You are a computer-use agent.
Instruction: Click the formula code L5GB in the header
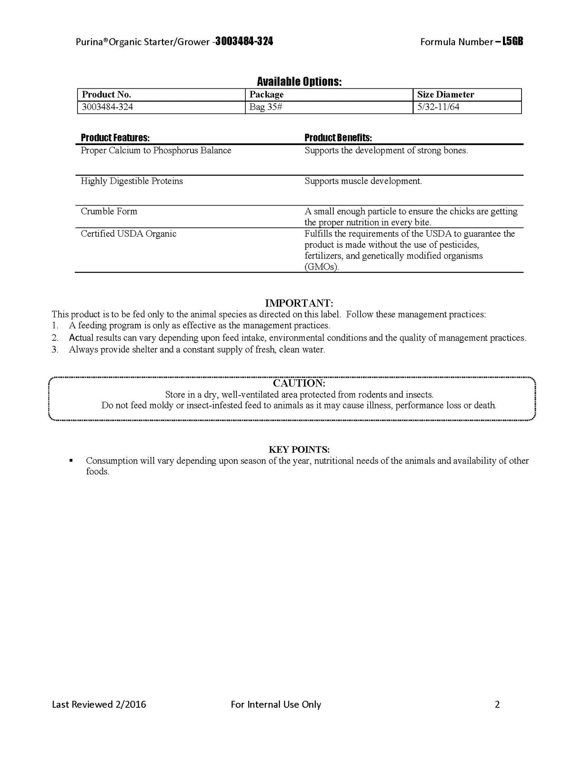point(513,41)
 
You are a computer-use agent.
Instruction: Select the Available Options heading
point(299,82)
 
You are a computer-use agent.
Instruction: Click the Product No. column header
point(106,94)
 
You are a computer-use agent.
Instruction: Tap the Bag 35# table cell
point(266,107)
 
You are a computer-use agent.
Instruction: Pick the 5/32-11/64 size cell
point(438,107)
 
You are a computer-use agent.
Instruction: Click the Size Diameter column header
point(446,94)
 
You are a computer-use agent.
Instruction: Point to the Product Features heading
point(115,138)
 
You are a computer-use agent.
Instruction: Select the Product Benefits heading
point(338,138)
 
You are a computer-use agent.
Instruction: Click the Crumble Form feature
point(109,211)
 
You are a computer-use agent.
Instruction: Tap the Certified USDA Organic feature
point(129,233)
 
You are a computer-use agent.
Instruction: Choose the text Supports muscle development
point(363,181)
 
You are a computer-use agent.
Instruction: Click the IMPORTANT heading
point(299,303)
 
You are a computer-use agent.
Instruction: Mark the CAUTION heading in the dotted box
point(299,383)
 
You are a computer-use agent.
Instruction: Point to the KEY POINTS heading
point(299,449)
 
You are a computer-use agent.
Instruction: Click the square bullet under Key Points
point(71,460)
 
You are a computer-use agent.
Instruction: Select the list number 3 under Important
point(55,349)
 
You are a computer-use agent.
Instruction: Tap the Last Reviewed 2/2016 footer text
point(99,704)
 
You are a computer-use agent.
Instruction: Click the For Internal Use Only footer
point(276,704)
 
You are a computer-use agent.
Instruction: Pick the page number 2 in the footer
point(497,704)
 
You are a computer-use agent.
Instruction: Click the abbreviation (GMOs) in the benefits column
point(322,267)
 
